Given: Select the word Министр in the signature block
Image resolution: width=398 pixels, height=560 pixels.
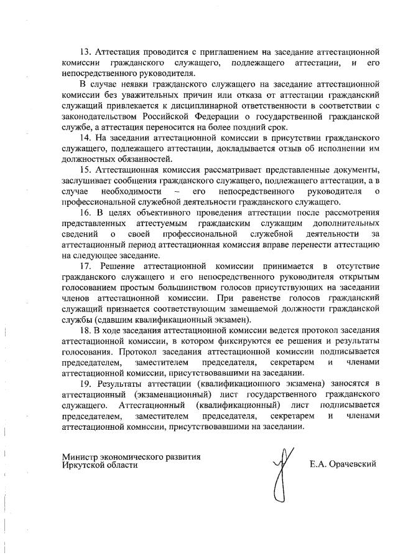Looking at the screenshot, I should click(x=80, y=457).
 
